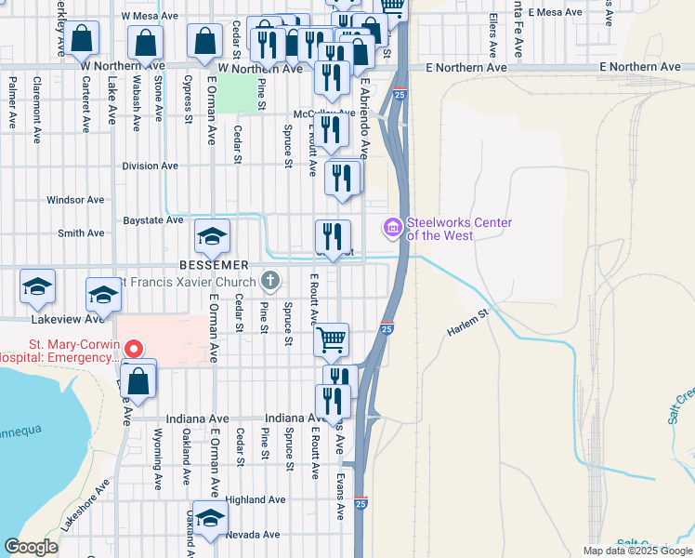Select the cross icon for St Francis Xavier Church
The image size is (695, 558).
point(270,280)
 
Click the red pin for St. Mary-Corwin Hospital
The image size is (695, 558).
point(134,350)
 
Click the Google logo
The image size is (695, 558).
point(31,547)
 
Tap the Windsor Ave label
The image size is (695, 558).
point(75,200)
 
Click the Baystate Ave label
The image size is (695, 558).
point(153,220)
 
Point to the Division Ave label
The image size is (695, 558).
point(150,166)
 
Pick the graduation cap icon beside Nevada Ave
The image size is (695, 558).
point(211,519)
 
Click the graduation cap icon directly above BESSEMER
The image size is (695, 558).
point(212,238)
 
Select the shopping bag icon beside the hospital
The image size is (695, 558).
point(138,381)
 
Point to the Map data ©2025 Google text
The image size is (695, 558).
point(636,551)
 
